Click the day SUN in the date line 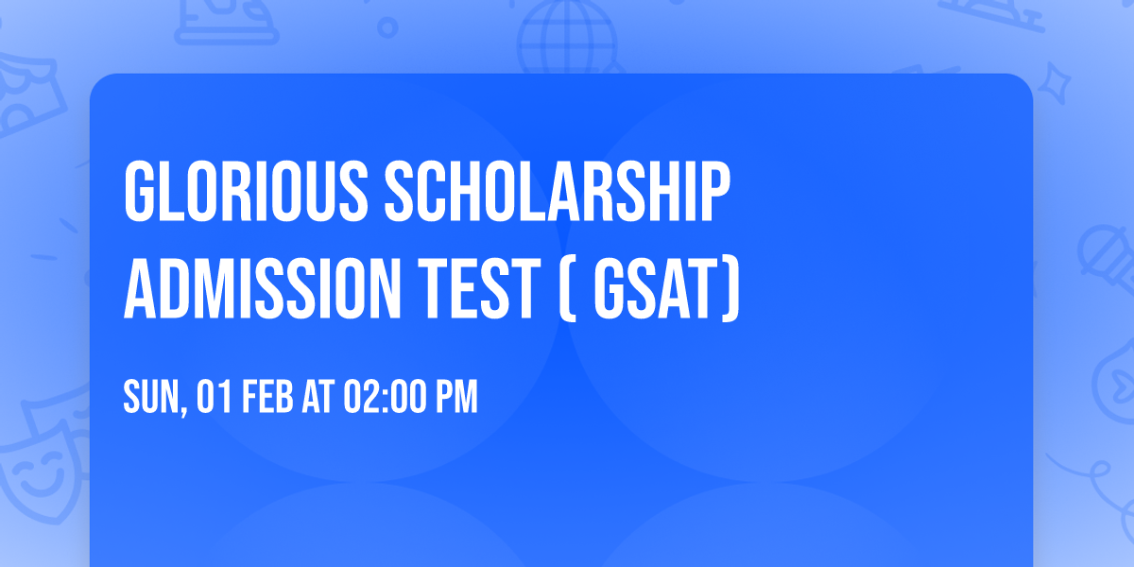[x=146, y=398]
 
